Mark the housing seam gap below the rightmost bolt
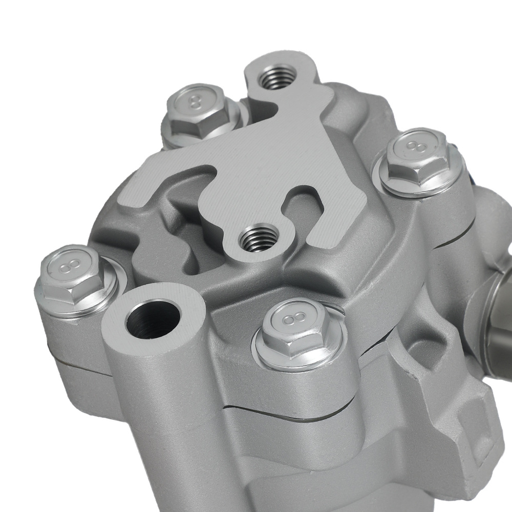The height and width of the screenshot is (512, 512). [451, 241]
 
